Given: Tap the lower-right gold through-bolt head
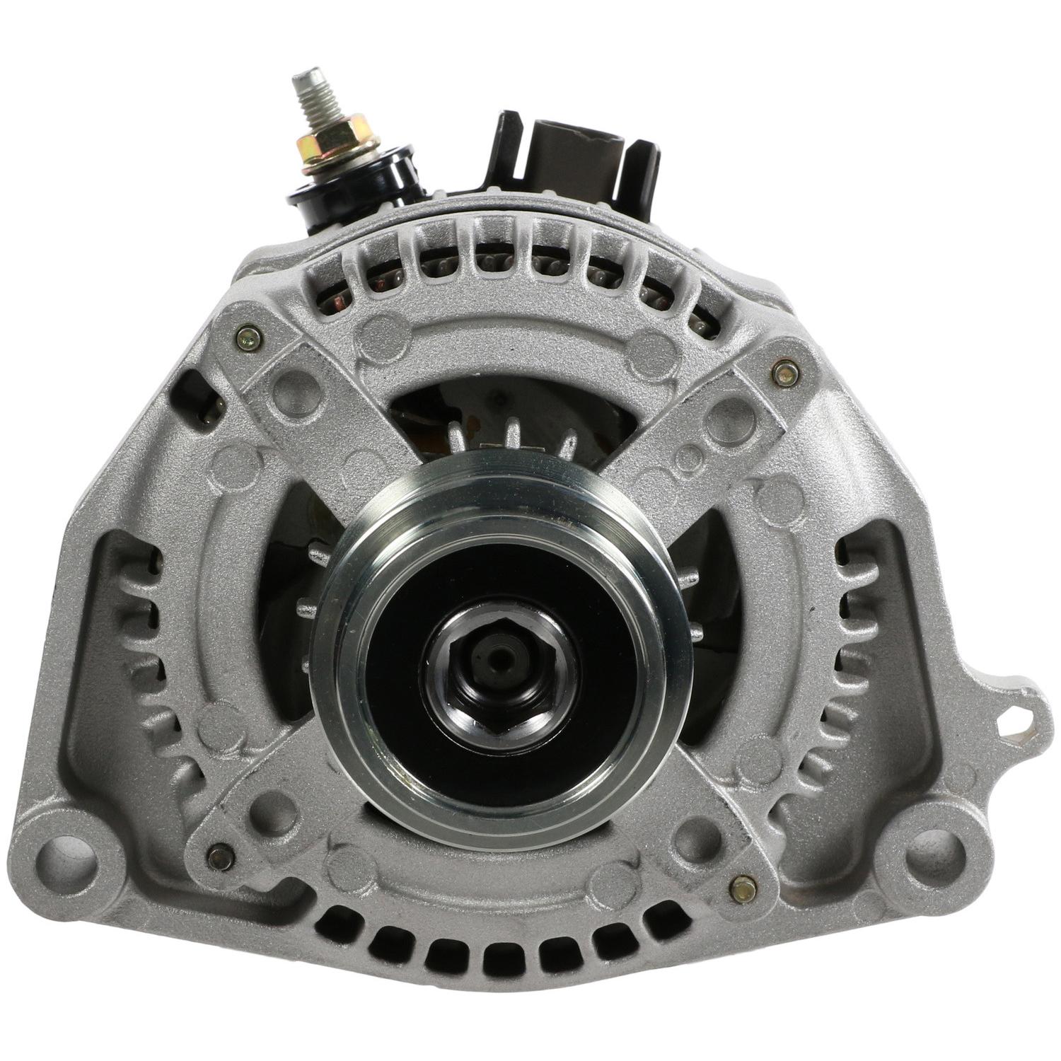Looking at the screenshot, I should pos(742,888).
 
